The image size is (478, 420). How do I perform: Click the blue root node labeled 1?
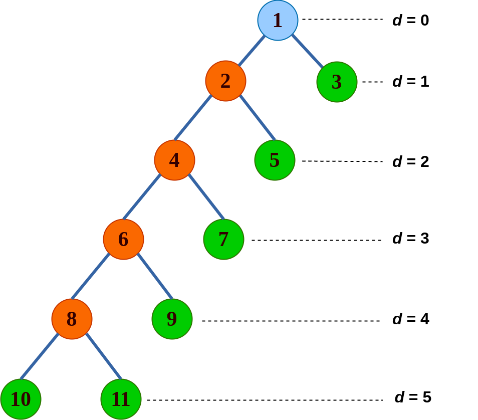tap(278, 20)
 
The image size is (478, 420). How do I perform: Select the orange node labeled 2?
tap(225, 81)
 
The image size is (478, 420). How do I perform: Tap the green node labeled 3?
tap(337, 82)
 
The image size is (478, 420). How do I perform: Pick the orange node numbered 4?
tap(174, 160)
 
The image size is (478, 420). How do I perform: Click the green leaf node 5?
tap(275, 160)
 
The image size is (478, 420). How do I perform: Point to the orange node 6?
tap(123, 239)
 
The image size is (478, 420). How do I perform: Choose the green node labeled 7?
tap(223, 239)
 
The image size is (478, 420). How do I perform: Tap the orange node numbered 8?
tap(72, 319)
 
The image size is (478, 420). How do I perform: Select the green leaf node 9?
tap(172, 319)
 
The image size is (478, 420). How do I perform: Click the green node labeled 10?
tap(21, 399)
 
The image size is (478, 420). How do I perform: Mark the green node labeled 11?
tap(121, 399)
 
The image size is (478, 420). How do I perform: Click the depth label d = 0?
tap(410, 21)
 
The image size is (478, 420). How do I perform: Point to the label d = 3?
tap(410, 239)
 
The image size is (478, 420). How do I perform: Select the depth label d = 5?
tap(413, 397)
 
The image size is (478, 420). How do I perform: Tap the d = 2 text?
tap(410, 162)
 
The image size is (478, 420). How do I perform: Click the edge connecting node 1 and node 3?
tap(308, 51)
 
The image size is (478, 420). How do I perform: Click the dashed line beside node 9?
tap(291, 321)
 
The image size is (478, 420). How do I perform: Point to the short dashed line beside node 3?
tap(372, 82)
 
